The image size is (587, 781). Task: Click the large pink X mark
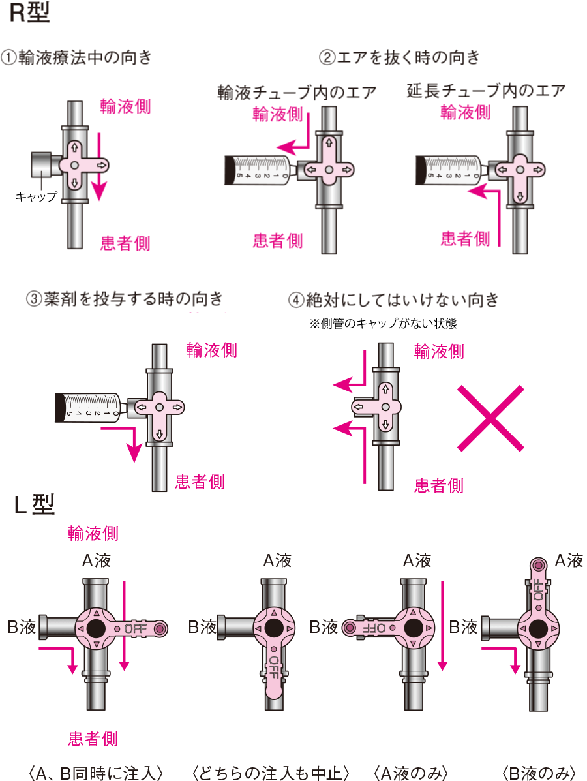(490, 418)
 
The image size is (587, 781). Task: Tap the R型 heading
(30, 14)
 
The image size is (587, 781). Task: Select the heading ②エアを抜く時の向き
(399, 57)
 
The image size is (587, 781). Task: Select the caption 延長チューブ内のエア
(486, 90)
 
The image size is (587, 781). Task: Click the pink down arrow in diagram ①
(98, 166)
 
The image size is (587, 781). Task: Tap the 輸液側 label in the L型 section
(93, 534)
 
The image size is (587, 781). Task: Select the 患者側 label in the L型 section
(93, 739)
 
